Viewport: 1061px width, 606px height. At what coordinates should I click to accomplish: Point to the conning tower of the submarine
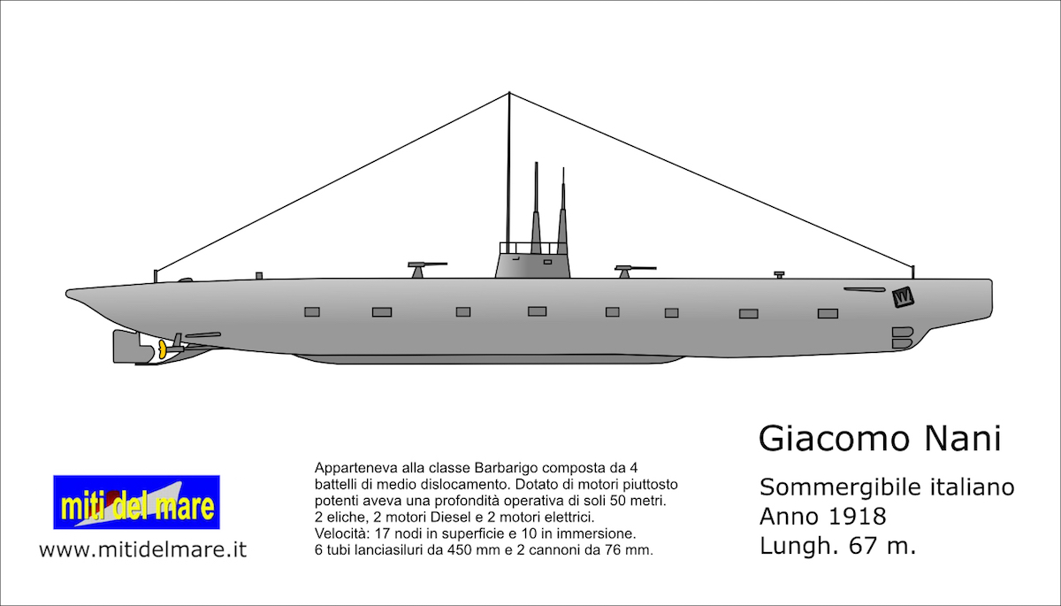(532, 263)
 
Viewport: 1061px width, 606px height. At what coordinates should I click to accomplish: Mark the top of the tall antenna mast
(509, 94)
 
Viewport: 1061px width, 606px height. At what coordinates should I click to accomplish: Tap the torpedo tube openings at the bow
(902, 337)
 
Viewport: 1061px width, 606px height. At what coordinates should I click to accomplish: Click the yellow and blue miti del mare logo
(136, 502)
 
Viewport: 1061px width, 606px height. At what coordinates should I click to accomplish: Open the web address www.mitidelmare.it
(142, 549)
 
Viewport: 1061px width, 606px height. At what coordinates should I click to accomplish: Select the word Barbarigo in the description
(492, 466)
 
